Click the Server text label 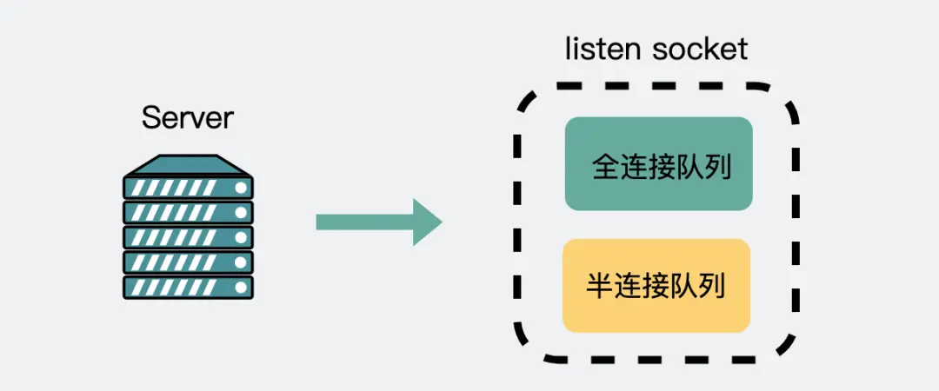pyautogui.click(x=188, y=117)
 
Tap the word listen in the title pyautogui.click(x=604, y=49)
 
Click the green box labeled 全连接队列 pyautogui.click(x=658, y=163)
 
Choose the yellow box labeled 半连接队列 pyautogui.click(x=656, y=285)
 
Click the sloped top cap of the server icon pyautogui.click(x=188, y=164)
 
